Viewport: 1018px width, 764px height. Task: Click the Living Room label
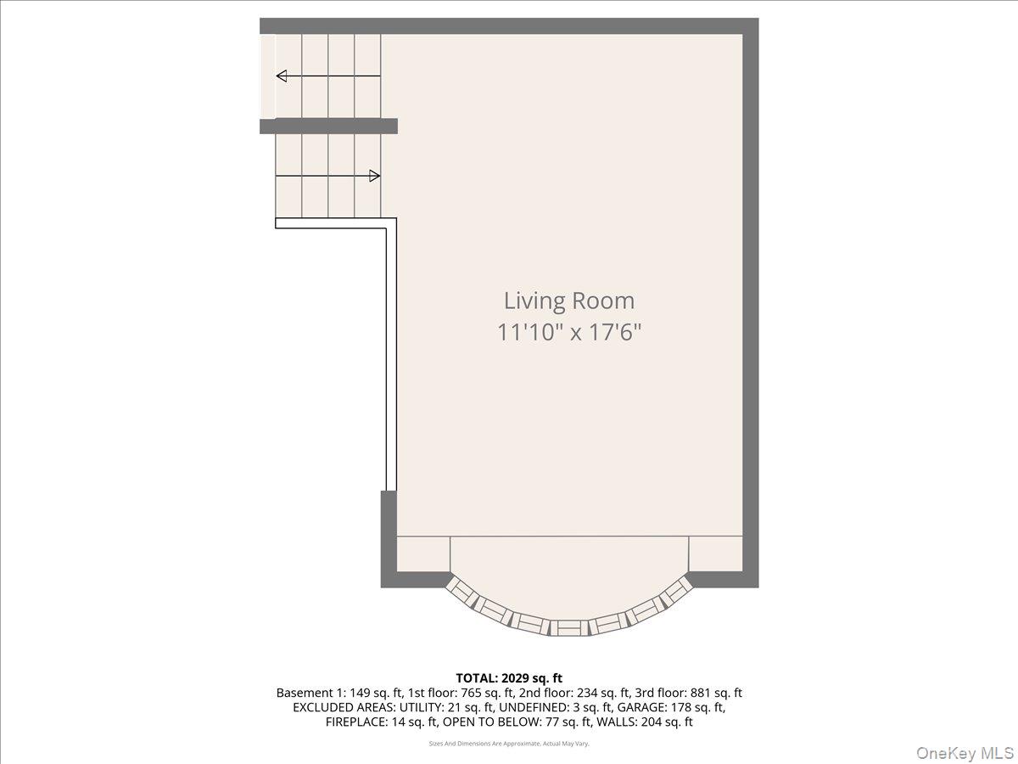(x=568, y=301)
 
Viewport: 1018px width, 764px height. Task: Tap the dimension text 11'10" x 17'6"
(x=568, y=332)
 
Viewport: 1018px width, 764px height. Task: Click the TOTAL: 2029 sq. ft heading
(x=509, y=677)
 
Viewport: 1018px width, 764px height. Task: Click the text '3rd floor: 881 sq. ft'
(x=693, y=693)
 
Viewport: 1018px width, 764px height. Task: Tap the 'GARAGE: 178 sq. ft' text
(x=673, y=707)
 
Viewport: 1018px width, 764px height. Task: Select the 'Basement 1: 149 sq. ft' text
(x=329, y=693)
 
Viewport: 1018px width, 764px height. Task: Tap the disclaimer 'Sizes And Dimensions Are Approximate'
(x=509, y=744)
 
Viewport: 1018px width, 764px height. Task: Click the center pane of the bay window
(x=569, y=628)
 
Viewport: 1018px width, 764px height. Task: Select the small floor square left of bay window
(x=423, y=553)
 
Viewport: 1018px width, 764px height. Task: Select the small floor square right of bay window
(x=715, y=553)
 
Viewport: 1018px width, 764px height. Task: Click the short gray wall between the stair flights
(x=328, y=126)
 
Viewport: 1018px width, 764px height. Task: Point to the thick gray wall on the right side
(x=751, y=297)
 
